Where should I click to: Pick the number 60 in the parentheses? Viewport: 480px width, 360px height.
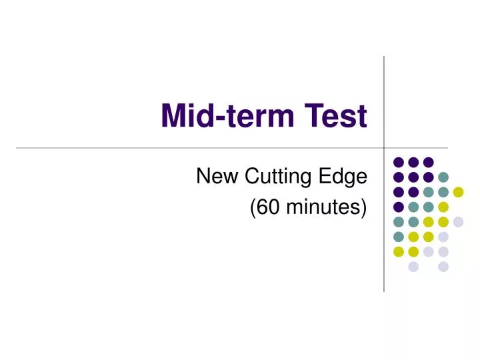(x=264, y=208)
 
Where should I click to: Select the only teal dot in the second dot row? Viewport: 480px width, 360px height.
(x=443, y=177)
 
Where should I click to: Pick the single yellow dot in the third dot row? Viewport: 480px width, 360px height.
(x=458, y=192)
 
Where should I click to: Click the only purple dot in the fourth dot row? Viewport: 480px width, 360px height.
(x=398, y=207)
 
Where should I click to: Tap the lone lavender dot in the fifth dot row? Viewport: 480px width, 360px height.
(x=458, y=222)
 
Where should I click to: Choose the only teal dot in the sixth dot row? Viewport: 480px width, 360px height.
(x=398, y=237)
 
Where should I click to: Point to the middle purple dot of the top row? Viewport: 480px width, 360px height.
(x=413, y=162)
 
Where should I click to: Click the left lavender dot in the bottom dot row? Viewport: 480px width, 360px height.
(x=413, y=267)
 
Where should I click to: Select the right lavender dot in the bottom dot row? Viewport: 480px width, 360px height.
(x=443, y=267)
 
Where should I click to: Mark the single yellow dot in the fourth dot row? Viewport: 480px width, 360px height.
(x=443, y=207)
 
